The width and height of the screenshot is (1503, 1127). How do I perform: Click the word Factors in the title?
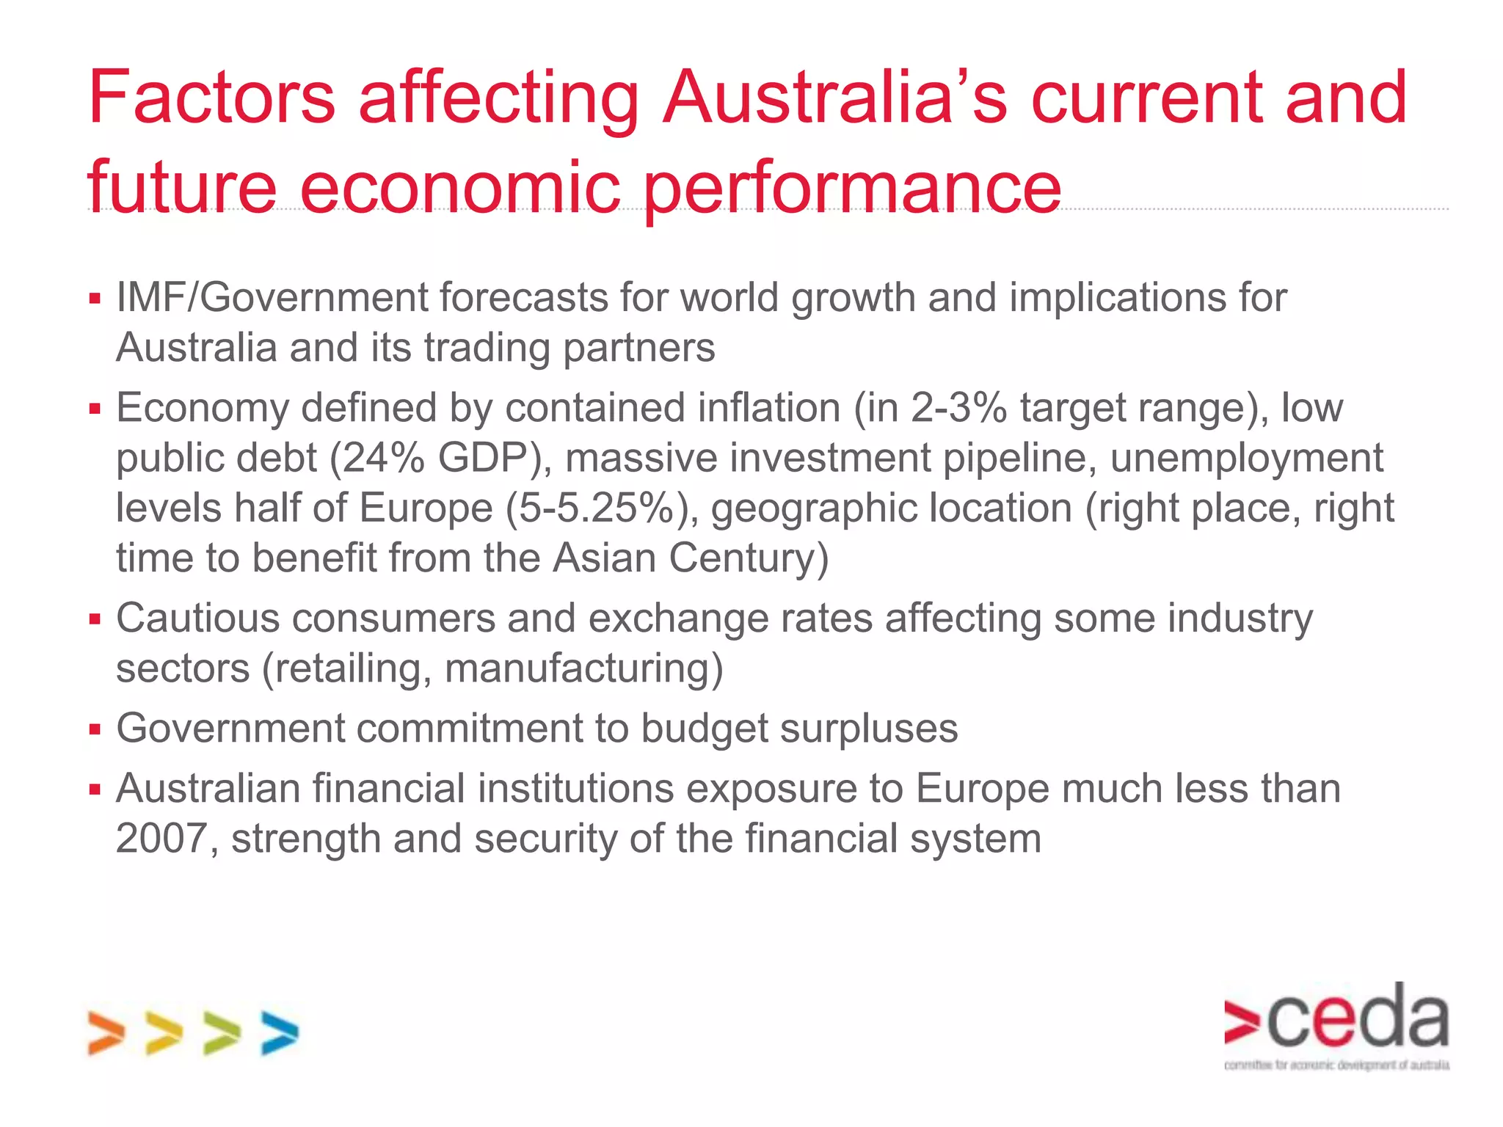[211, 98]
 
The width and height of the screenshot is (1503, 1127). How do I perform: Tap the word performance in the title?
[853, 188]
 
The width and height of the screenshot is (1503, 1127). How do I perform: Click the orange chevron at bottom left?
[105, 1033]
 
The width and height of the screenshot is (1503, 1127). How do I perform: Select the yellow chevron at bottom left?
[163, 1033]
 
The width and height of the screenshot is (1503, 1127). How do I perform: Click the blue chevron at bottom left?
[280, 1033]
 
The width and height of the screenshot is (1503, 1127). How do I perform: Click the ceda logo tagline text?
[1336, 1065]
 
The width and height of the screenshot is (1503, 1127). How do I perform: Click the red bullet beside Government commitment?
[95, 729]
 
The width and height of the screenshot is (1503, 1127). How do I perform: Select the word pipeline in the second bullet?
[1019, 458]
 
